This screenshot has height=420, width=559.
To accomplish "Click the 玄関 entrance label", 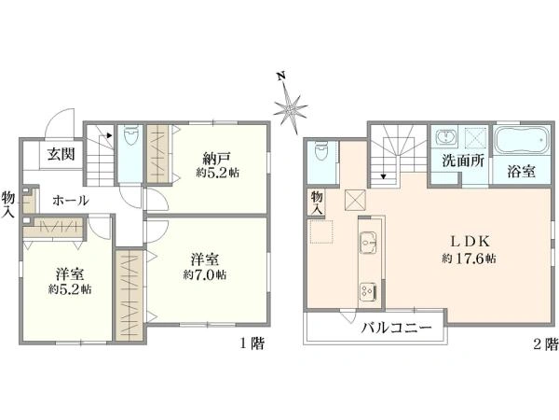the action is pos(61,154).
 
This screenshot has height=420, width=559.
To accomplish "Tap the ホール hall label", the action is pos(71,201).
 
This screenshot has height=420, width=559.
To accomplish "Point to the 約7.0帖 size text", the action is pos(205,275).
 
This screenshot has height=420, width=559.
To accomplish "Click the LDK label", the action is pos(470,242).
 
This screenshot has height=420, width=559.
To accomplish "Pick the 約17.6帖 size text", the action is pos(469,259).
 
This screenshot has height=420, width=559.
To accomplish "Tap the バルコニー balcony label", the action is pos(397,328).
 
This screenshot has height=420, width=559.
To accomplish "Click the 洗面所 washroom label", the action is pos(463,161).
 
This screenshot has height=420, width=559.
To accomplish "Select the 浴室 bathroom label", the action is pos(521,172).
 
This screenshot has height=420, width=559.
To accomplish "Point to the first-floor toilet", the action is pos(130,136).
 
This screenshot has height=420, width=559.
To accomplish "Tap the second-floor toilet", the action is pos(322,151).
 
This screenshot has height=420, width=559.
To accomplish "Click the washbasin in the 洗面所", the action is pos(445,137).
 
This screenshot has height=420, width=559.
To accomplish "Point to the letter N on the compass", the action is pos(281,76).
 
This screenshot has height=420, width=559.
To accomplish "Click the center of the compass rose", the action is pos(291,107).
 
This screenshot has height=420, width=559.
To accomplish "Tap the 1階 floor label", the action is pos(252,343).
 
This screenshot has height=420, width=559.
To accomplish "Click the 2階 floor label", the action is pos(545,343).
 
